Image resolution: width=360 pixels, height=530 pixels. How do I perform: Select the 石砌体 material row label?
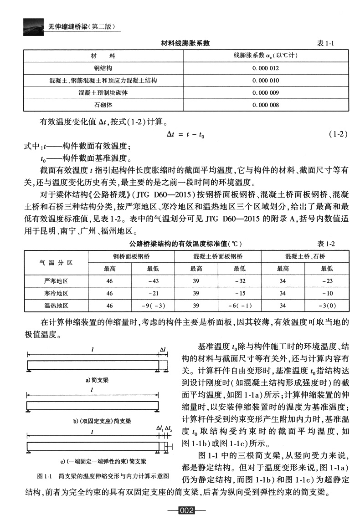(x=103, y=105)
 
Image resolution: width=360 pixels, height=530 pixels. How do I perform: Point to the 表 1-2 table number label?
(x=326, y=244)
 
